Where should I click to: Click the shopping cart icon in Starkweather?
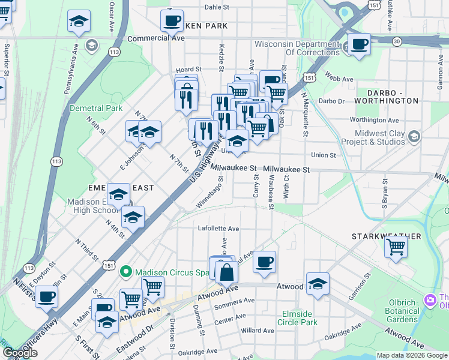[396, 247]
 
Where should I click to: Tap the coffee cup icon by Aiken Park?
[172, 21]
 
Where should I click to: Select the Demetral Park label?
[96, 108]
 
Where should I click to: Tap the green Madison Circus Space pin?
[125, 272]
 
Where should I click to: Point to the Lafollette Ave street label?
[218, 229]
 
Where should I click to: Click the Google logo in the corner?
[20, 353]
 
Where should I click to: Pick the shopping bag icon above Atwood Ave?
[226, 272]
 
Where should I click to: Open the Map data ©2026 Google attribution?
[412, 355]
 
